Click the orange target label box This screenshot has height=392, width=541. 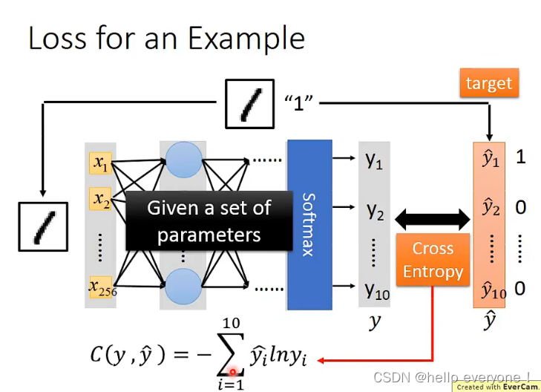[488, 83]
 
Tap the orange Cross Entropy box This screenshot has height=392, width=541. [433, 260]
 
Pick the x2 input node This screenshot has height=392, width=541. [100, 199]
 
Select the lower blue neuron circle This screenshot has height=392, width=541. [182, 286]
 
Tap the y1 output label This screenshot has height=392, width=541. [374, 159]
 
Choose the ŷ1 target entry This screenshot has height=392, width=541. [491, 159]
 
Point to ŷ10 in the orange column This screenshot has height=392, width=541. [493, 290]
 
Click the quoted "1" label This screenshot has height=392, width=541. [301, 103]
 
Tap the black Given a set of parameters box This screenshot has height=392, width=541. [209, 221]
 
